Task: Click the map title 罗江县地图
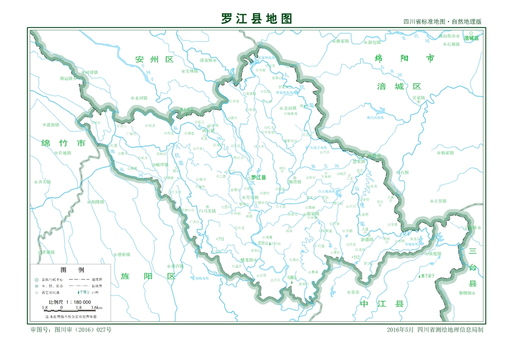[x=257, y=19]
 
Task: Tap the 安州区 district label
[x=155, y=60]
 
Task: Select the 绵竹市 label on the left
[x=64, y=143]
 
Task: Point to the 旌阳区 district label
[x=148, y=276]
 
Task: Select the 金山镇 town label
[x=290, y=108]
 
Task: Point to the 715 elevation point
[x=220, y=239]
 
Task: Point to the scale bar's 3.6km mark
[x=96, y=308]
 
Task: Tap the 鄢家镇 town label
[x=313, y=214]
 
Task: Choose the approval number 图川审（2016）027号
[x=82, y=330]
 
